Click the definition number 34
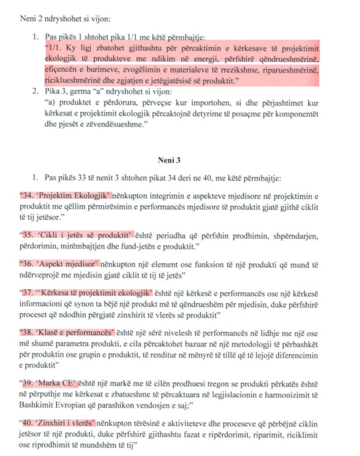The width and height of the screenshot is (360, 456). [x=28, y=195]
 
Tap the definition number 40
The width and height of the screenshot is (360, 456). [x=28, y=423]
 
